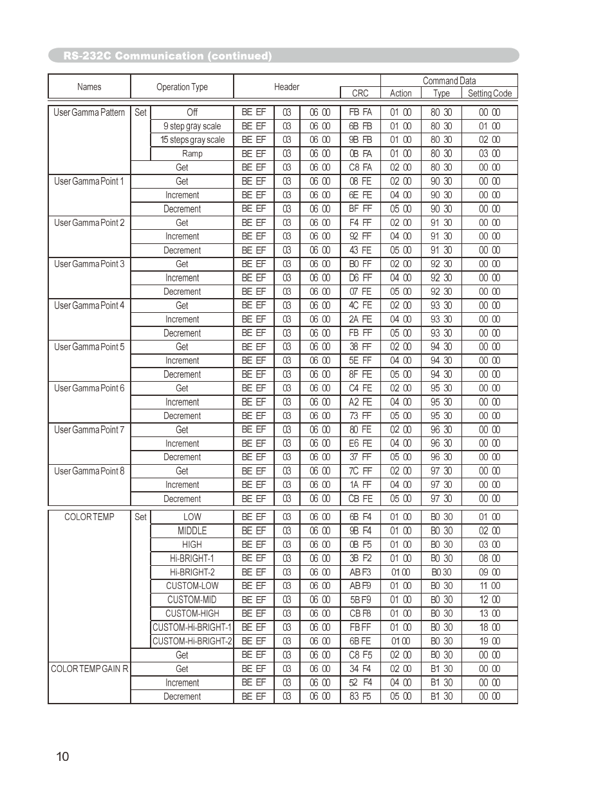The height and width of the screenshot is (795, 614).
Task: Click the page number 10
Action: pos(62,756)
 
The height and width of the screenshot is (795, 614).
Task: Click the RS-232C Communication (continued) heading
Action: pos(167,56)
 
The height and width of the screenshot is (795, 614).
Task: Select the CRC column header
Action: pos(360,93)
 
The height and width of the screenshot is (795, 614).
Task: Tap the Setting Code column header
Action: pos(489,93)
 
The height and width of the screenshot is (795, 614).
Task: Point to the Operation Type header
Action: pos(182,87)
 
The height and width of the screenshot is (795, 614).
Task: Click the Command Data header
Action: pos(449,80)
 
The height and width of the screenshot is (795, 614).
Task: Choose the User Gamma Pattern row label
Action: pos(89,112)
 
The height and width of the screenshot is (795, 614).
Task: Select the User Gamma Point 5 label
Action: pos(89,347)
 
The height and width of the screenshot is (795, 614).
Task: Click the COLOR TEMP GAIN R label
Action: pos(89,669)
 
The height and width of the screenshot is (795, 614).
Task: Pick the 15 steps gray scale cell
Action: pos(192,140)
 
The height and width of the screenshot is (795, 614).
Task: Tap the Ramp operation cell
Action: pos(192,154)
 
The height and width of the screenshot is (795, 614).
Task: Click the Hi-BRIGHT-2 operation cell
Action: pos(192,572)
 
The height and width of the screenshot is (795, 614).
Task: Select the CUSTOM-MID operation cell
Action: pos(192,600)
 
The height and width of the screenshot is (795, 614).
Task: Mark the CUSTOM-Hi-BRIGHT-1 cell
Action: pos(192,628)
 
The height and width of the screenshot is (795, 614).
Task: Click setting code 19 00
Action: pos(489,641)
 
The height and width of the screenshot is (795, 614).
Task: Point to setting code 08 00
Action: pos(489,559)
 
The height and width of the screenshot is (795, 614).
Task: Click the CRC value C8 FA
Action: pos(360,167)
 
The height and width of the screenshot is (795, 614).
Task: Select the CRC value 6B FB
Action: pos(360,126)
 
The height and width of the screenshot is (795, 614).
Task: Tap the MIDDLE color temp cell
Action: pos(192,531)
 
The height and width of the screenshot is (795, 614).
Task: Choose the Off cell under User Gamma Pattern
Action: pos(192,112)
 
